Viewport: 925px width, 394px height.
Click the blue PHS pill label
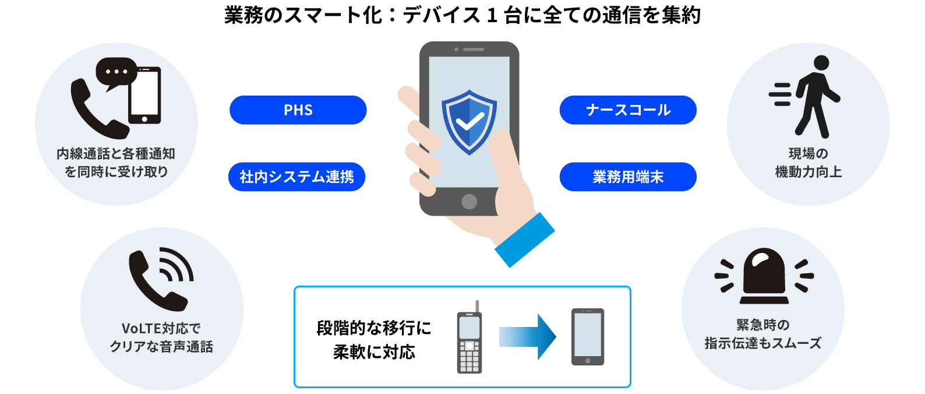pyautogui.click(x=298, y=110)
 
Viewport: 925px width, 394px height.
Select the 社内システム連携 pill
pyautogui.click(x=297, y=177)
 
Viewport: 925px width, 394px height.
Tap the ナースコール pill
pyautogui.click(x=628, y=110)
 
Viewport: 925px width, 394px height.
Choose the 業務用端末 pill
pyautogui.click(x=628, y=177)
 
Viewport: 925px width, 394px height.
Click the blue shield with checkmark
pyautogui.click(x=469, y=122)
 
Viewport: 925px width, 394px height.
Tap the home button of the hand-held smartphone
pyautogui.click(x=469, y=202)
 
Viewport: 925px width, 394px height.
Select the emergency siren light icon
pyautogui.click(x=764, y=276)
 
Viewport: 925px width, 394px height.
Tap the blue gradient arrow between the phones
pyautogui.click(x=527, y=337)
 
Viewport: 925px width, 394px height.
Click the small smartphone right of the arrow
pyautogui.click(x=588, y=337)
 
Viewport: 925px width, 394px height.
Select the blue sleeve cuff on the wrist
pyautogui.click(x=524, y=240)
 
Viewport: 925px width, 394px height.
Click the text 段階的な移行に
pyautogui.click(x=374, y=328)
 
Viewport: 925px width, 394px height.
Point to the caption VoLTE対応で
pyautogui.click(x=161, y=328)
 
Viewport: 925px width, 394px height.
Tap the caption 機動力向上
pyautogui.click(x=808, y=172)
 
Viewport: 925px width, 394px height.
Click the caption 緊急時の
pyautogui.click(x=763, y=325)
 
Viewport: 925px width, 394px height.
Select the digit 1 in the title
pyautogui.click(x=492, y=16)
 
